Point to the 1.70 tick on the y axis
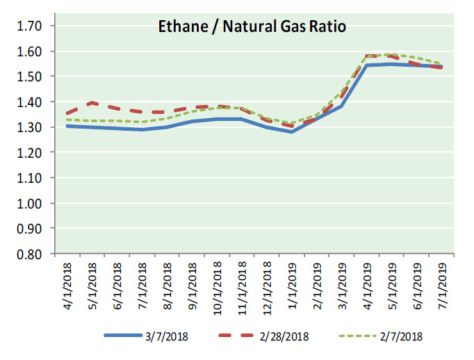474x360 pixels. [x=28, y=26]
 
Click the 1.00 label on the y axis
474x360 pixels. [x=28, y=203]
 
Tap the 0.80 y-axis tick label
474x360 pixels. [x=28, y=254]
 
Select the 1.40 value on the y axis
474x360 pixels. [x=28, y=102]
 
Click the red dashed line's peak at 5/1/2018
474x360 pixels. [x=90, y=102]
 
